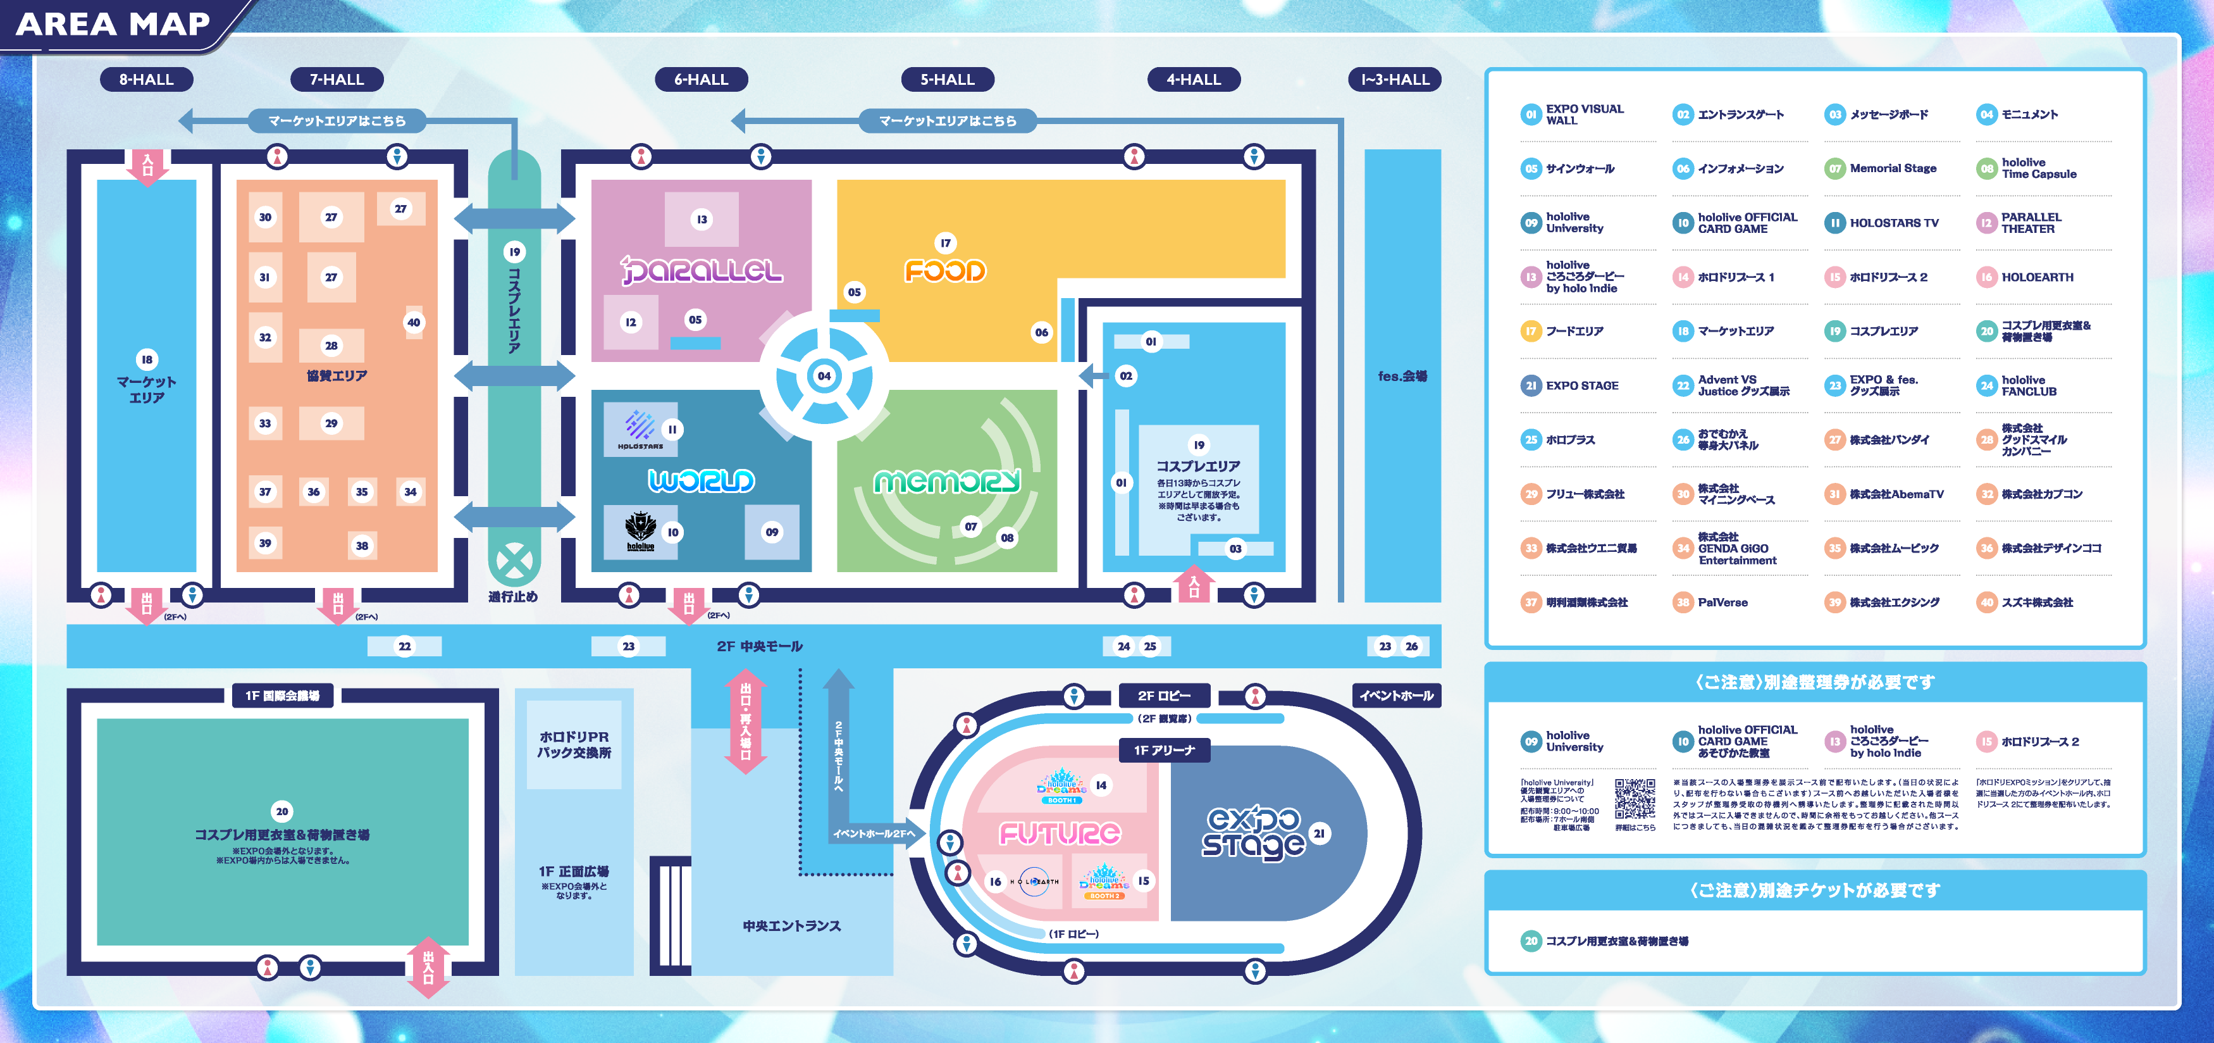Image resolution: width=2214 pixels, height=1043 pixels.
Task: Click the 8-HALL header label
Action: (x=146, y=79)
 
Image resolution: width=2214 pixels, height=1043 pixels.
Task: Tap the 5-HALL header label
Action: (x=947, y=79)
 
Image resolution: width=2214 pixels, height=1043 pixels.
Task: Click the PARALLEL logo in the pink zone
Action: (x=702, y=271)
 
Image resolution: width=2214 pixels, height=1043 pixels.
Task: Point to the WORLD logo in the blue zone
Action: (x=702, y=480)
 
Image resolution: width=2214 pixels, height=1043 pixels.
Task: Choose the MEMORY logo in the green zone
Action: (x=947, y=482)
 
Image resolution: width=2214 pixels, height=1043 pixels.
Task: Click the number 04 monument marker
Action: (x=824, y=376)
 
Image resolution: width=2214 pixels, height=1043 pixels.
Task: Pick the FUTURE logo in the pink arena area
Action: (x=1060, y=832)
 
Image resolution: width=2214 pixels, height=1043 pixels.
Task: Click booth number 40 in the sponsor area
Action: (x=414, y=322)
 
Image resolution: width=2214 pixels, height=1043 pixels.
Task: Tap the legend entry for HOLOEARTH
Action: (x=2036, y=277)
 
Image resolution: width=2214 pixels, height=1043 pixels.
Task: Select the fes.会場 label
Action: (x=1402, y=376)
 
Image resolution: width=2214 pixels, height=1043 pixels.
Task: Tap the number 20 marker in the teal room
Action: (x=282, y=811)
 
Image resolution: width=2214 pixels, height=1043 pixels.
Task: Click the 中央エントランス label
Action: (x=791, y=925)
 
